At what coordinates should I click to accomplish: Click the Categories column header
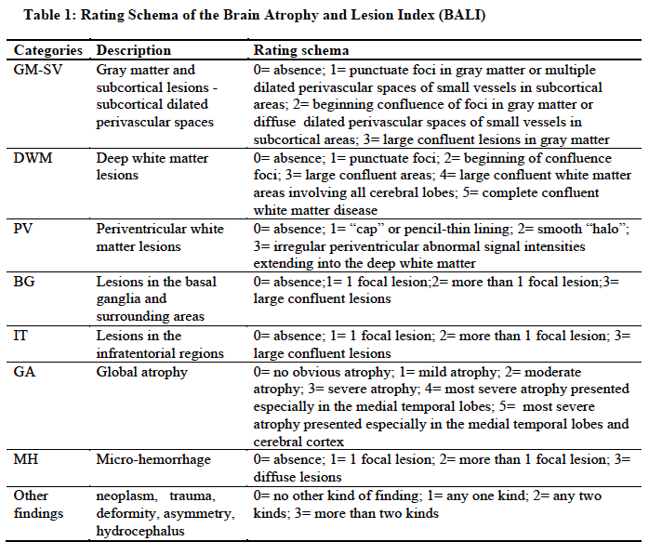46,50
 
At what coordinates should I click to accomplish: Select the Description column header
134,50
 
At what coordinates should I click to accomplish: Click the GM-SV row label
38,70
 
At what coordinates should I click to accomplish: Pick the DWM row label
33,158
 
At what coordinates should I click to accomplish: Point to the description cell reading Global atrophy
141,372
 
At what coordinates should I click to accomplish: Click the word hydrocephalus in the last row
142,531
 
